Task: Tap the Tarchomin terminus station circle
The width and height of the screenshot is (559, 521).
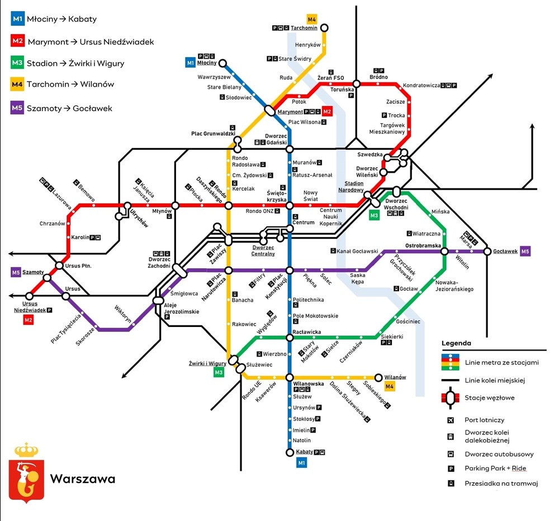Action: click(324, 28)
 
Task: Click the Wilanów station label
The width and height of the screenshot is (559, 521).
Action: click(395, 377)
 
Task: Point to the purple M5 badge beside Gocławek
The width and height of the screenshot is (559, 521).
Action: click(525, 251)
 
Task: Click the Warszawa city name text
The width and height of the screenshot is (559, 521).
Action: click(83, 479)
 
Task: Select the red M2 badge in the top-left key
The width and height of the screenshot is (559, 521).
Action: click(17, 41)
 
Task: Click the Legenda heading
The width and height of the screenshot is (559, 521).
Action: click(456, 343)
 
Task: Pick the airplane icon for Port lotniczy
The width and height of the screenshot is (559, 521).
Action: click(450, 420)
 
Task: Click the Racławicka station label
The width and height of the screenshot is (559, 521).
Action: click(306, 332)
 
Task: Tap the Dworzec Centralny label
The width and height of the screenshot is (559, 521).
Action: click(264, 250)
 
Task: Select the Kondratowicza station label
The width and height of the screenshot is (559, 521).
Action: click(421, 86)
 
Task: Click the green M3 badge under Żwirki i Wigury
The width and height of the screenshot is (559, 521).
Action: click(219, 373)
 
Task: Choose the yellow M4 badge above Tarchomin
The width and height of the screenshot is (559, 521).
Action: click(312, 20)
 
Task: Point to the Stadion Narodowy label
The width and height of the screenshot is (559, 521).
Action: click(350, 187)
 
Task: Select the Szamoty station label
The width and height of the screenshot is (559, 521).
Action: click(34, 272)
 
